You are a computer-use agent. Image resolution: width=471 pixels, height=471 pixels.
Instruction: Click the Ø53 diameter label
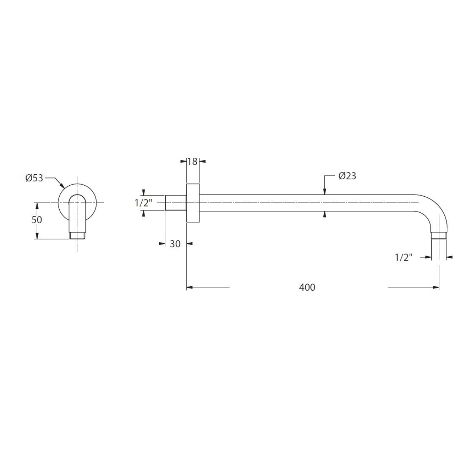[34, 178]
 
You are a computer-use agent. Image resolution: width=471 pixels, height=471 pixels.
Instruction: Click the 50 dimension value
[37, 220]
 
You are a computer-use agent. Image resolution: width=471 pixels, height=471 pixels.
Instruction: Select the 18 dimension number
[192, 162]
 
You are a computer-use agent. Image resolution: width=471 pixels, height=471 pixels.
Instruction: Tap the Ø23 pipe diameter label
[347, 176]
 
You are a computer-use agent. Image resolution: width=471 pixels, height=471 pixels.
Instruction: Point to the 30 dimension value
[175, 244]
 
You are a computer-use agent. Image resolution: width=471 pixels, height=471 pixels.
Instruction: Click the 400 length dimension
[307, 287]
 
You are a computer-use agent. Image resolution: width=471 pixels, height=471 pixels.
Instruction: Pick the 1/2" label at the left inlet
[144, 203]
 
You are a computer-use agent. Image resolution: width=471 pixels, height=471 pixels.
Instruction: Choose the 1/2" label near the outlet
[404, 257]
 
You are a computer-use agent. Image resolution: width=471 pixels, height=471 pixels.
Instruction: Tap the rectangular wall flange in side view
[193, 203]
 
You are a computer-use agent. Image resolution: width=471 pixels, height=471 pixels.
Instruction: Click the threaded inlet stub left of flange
[176, 203]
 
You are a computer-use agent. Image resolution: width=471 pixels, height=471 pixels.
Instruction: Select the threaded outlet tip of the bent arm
[439, 235]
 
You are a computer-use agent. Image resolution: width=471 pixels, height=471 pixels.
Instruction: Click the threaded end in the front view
[77, 235]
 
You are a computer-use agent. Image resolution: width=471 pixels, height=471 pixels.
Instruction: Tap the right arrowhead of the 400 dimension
[436, 287]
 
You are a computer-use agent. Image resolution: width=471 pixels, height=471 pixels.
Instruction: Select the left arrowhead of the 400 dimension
[190, 287]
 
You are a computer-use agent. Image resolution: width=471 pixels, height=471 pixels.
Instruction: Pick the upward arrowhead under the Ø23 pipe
[324, 214]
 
